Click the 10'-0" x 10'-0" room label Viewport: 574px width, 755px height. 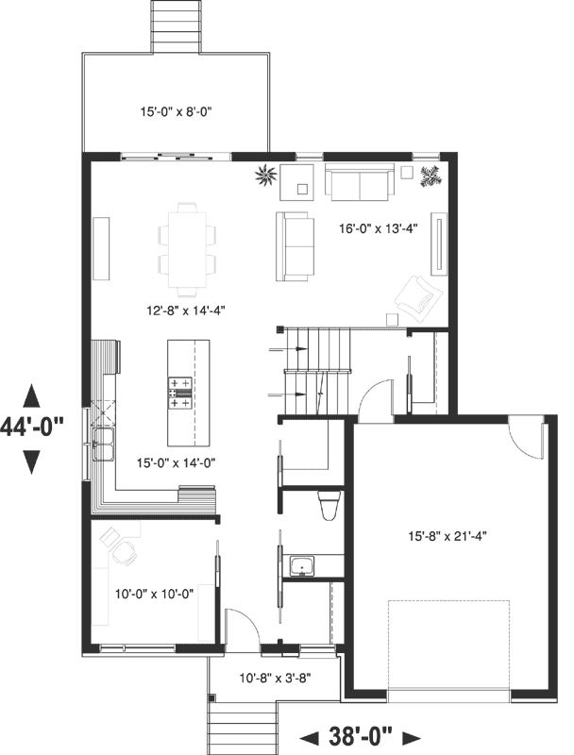(x=154, y=594)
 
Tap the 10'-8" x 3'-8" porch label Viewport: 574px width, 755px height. (x=275, y=678)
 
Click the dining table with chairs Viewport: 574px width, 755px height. (x=186, y=246)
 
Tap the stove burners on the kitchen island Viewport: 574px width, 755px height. (x=180, y=393)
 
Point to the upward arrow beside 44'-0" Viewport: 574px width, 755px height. (x=32, y=394)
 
